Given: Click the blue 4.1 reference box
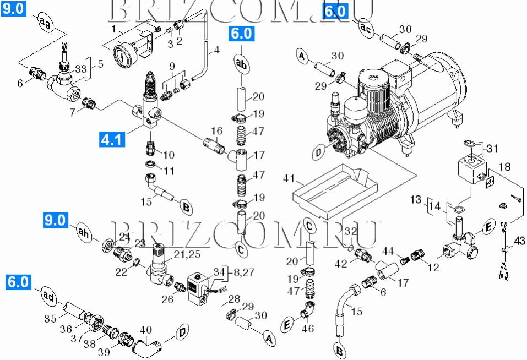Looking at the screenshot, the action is pyautogui.click(x=112, y=139).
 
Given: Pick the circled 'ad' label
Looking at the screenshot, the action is pyautogui.click(x=48, y=297).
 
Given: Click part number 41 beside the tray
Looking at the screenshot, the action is pyautogui.click(x=289, y=178).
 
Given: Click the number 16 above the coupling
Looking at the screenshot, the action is pyautogui.click(x=217, y=130).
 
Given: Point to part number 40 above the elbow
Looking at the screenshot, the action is pyautogui.click(x=145, y=330).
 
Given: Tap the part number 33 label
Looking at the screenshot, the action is pyautogui.click(x=81, y=69).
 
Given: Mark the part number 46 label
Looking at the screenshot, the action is pyautogui.click(x=308, y=329).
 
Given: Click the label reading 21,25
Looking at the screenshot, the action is pyautogui.click(x=187, y=254).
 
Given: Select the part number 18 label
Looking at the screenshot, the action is pyautogui.click(x=504, y=167).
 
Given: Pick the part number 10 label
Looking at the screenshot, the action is pyautogui.click(x=169, y=155).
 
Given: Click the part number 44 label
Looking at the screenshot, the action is pyautogui.click(x=388, y=251).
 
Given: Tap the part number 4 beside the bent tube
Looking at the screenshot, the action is pyautogui.click(x=217, y=50).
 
